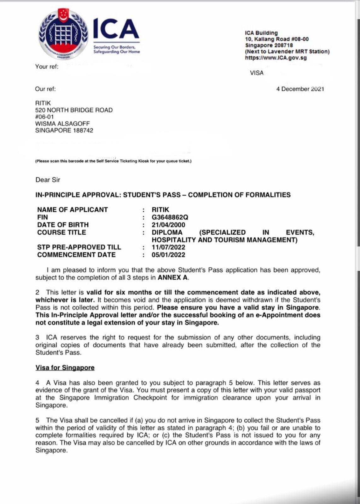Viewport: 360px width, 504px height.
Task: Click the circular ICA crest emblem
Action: pos(63,34)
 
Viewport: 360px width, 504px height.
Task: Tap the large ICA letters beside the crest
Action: pos(116,29)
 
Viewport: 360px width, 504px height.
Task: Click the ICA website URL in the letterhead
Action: pos(276,58)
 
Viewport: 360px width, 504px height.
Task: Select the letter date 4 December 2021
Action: pos(300,89)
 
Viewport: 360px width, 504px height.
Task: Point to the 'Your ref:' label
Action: pos(47,66)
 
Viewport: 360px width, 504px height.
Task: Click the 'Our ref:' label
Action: pos(45,89)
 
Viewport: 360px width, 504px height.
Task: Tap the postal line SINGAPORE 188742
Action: pos(64,130)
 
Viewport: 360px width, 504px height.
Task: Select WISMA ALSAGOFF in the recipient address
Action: pos(62,123)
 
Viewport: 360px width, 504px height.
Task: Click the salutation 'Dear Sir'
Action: pos(48,180)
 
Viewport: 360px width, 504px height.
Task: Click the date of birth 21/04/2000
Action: pos(168,225)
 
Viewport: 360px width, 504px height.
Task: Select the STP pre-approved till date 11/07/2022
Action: pos(168,247)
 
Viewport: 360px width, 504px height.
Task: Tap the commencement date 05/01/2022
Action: pos(168,255)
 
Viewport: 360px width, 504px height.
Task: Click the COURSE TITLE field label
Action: pos(61,232)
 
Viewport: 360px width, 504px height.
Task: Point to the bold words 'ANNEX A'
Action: pos(172,278)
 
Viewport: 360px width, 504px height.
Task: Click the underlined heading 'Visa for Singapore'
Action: pos(65,368)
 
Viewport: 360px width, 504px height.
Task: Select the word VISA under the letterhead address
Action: pos(257,73)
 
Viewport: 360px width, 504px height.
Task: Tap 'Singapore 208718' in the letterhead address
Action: pos(269,45)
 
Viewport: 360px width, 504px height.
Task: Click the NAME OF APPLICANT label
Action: pos(73,210)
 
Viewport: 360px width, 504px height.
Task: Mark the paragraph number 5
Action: pos(38,420)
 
